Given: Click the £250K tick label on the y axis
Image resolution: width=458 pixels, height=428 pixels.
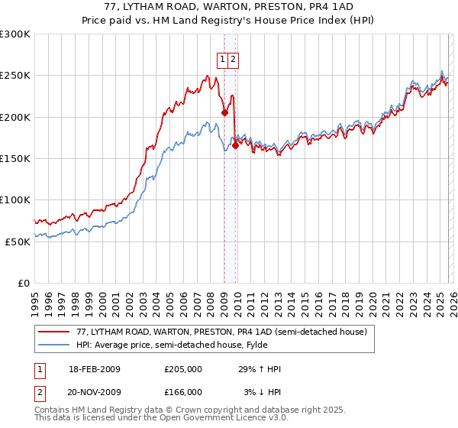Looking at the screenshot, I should (x=15, y=76).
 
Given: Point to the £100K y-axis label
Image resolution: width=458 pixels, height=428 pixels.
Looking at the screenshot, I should (x=15, y=199).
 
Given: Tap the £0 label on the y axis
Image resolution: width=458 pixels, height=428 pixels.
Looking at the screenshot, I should (x=24, y=283).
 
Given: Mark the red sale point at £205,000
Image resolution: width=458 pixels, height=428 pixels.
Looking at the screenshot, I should (x=224, y=113).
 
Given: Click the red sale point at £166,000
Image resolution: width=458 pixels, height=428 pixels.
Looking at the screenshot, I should (x=234, y=146).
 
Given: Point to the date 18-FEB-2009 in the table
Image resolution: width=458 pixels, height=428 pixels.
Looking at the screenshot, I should (x=95, y=369).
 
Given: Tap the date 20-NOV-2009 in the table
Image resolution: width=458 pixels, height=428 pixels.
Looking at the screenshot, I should (x=95, y=392).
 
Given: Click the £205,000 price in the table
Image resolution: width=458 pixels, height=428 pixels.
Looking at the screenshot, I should (x=183, y=369).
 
